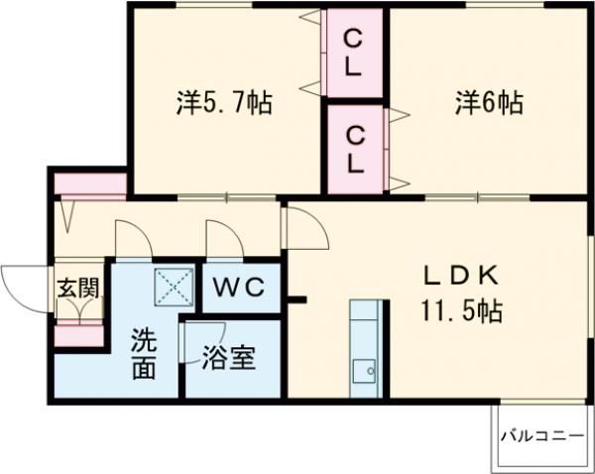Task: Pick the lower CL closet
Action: [354, 147]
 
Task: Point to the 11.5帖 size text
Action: [458, 310]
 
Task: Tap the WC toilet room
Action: [241, 288]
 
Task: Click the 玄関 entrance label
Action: [76, 289]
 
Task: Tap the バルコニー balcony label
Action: [540, 433]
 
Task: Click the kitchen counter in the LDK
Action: [364, 347]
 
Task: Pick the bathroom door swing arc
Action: [203, 340]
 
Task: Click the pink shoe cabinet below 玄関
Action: [77, 335]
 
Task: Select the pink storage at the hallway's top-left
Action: [89, 184]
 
